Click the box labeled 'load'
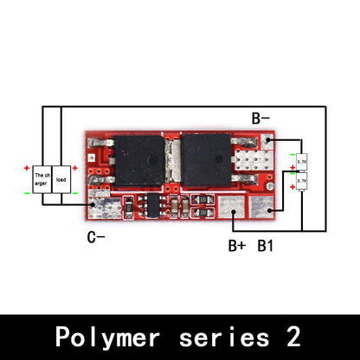[x=61, y=179]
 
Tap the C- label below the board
[x=97, y=235]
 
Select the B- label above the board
[x=261, y=119]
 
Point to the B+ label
[x=237, y=246]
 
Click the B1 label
[x=266, y=246]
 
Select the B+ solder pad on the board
[x=230, y=207]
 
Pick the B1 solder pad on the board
[x=262, y=207]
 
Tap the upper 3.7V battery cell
[x=301, y=161]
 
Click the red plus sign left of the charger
[x=27, y=167]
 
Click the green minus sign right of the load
[x=75, y=192]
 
